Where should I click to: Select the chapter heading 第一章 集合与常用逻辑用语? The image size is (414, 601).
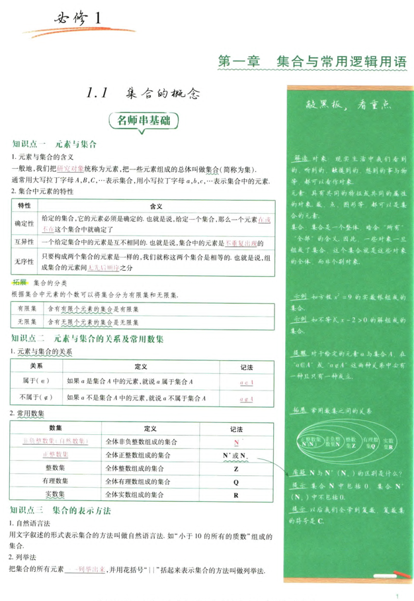[x=311, y=62]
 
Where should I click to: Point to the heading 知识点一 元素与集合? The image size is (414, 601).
[x=55, y=144]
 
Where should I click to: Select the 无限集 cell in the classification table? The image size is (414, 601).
[x=26, y=322]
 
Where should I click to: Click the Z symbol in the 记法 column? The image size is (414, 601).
[x=235, y=468]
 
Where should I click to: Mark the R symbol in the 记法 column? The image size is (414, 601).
[x=235, y=494]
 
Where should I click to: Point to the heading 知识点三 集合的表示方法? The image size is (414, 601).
[x=60, y=510]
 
